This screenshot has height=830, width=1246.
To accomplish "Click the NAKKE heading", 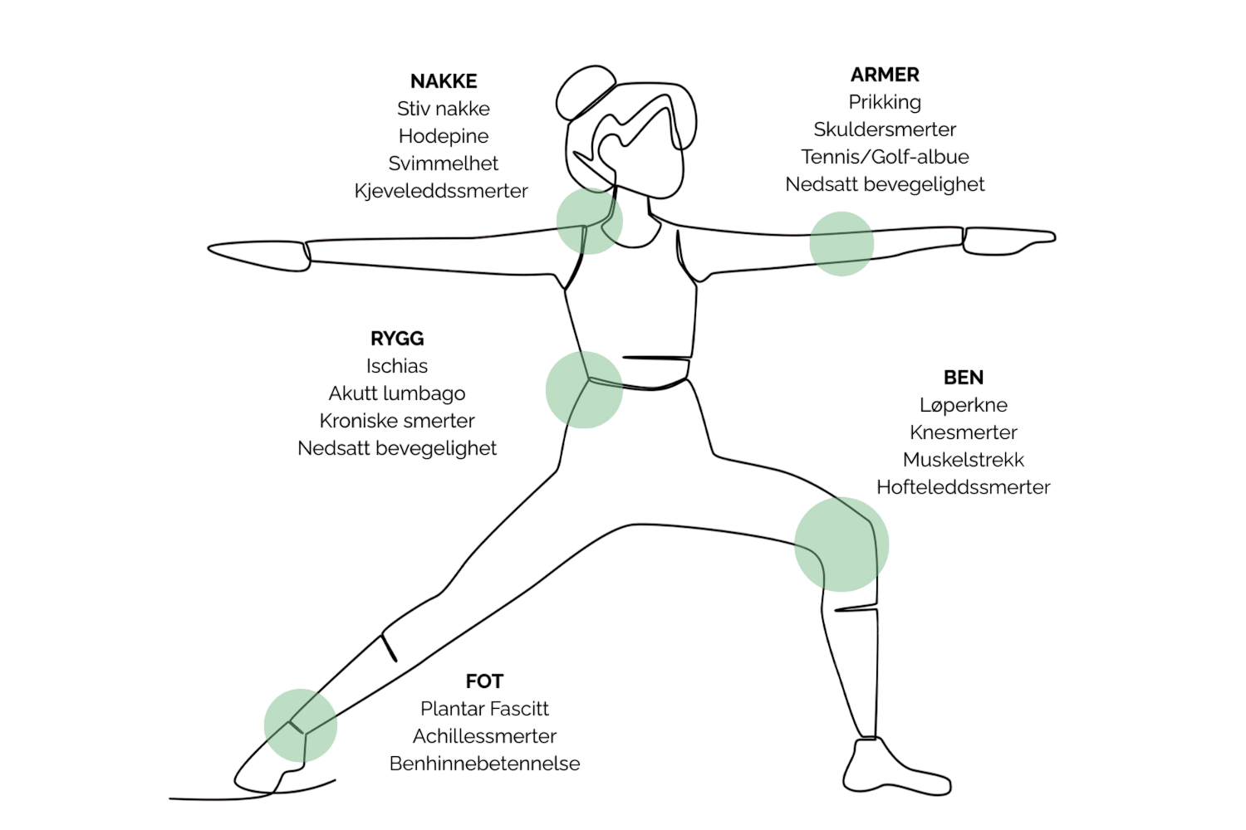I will (444, 81).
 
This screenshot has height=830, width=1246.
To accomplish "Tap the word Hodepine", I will (444, 135).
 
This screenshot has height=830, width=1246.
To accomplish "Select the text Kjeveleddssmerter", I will (441, 190).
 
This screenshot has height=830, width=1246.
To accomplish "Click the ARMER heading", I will (885, 75).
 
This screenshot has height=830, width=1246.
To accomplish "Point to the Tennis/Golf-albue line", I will (885, 156).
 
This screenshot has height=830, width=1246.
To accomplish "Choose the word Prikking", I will (885, 102).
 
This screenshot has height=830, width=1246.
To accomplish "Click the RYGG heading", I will (397, 339).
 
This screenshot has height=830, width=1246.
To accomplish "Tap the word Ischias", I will (397, 366).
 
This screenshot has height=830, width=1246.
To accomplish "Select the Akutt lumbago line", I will (397, 393).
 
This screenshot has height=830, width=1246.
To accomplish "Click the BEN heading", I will (964, 378).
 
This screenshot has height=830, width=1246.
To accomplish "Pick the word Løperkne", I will (964, 405).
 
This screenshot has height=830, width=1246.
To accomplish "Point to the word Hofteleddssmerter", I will (964, 487).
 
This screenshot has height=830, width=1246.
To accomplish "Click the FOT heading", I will (485, 682).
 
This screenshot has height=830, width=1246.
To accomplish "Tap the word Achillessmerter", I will (485, 736).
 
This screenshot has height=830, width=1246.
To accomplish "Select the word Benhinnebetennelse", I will (485, 764).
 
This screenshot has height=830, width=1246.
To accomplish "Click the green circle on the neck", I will (589, 221).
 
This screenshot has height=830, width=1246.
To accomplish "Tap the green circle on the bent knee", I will (841, 544).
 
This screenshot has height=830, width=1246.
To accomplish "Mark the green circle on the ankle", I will (301, 725).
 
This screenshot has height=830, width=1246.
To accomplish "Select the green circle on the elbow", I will (841, 243).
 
